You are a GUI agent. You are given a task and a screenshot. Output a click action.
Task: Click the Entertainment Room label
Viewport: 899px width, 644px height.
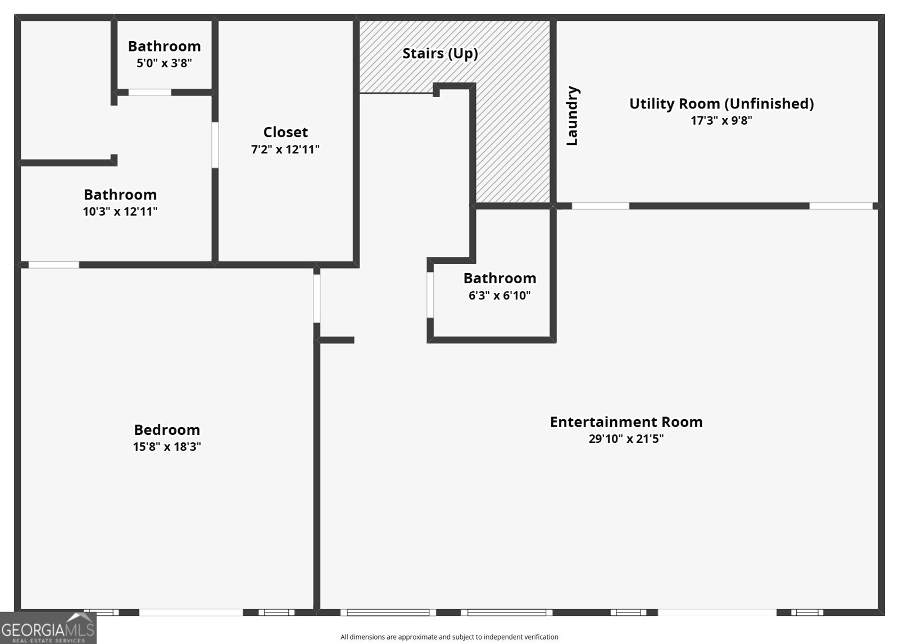[626, 422]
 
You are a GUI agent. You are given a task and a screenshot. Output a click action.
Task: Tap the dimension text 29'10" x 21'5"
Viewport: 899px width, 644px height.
[626, 438]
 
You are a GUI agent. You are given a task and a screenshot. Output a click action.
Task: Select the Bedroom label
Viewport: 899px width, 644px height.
[167, 429]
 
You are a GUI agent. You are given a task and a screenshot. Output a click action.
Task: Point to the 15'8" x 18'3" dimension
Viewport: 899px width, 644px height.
[167, 446]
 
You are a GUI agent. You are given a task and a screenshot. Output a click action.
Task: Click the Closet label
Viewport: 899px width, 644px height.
[285, 132]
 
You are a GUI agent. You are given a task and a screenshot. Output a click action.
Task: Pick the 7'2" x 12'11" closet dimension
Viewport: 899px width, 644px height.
[285, 149]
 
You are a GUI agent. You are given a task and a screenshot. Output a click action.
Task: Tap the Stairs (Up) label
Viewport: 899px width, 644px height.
[441, 53]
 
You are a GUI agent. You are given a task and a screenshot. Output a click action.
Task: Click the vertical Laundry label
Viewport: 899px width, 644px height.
[573, 116]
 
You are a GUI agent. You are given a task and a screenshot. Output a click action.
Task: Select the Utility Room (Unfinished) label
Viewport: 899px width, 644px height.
[721, 103]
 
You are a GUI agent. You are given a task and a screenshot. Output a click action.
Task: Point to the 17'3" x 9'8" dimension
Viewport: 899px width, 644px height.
[721, 120]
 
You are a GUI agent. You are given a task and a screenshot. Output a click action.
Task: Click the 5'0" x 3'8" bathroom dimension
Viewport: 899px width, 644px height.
[164, 63]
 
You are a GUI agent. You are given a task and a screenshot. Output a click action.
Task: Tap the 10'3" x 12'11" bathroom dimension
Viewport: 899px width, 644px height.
[120, 212]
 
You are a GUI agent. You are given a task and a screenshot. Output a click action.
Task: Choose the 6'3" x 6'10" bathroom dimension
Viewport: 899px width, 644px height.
[500, 296]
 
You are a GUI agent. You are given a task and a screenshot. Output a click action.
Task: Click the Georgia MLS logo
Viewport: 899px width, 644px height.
[48, 628]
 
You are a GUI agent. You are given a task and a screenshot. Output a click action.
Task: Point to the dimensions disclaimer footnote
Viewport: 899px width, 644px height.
[449, 637]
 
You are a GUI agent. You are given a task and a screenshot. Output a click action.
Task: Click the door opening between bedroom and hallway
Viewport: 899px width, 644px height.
[317, 299]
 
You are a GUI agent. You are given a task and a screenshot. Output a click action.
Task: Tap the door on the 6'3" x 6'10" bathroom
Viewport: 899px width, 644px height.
[430, 295]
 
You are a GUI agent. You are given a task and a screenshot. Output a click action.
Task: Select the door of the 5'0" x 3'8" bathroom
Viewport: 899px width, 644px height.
[149, 92]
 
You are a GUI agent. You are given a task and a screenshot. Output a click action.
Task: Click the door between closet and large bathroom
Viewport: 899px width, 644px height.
[215, 145]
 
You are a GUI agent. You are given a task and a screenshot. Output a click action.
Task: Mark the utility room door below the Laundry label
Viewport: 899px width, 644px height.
[601, 206]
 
